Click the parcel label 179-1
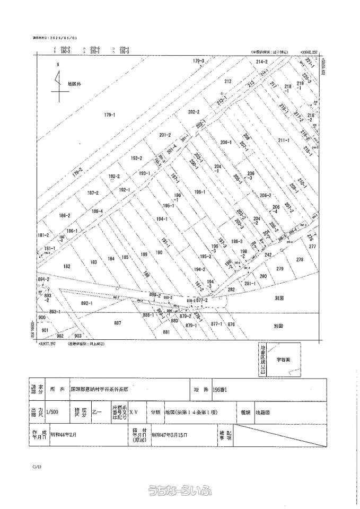coord(110,115)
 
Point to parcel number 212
coord(228,82)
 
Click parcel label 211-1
coord(283,141)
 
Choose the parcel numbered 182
coord(67,266)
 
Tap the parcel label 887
coord(118,322)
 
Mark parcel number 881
coord(166,332)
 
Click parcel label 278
coord(300,259)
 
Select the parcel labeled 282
coord(231,289)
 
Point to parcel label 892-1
coord(86,303)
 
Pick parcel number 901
coord(45,330)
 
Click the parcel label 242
coord(268,255)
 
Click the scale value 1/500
coord(53,411)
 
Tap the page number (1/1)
coord(36,467)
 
